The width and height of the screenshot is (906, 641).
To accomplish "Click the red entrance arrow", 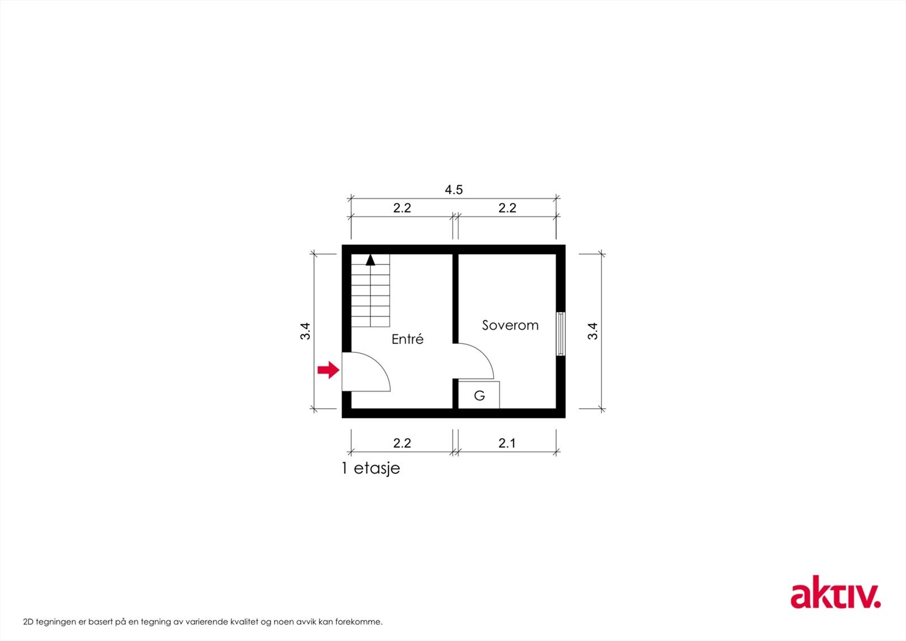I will click(328, 371).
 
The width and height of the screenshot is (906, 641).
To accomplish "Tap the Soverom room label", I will click(510, 325).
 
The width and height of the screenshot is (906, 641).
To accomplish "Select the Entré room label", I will click(408, 339).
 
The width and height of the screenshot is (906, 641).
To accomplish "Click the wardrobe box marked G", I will click(479, 395).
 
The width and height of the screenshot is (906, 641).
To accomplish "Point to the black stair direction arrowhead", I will click(370, 260).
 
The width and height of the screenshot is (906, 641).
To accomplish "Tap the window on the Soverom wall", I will click(561, 334).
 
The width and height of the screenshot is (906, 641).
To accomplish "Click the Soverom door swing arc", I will click(478, 360).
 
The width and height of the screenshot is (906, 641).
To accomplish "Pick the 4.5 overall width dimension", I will click(454, 190).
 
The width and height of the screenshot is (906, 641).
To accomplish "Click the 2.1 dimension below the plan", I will click(507, 443).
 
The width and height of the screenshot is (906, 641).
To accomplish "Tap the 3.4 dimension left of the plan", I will click(306, 331).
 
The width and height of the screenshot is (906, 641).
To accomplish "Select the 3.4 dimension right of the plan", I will click(593, 331).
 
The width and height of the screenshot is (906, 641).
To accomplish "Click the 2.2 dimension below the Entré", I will click(402, 443).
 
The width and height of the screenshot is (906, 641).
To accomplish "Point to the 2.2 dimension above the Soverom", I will click(507, 208).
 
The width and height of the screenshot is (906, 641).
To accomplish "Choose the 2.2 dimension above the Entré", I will click(402, 208).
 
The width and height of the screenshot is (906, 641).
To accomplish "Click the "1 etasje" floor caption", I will click(371, 469).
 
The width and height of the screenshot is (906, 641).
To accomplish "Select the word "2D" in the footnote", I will click(28, 622).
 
